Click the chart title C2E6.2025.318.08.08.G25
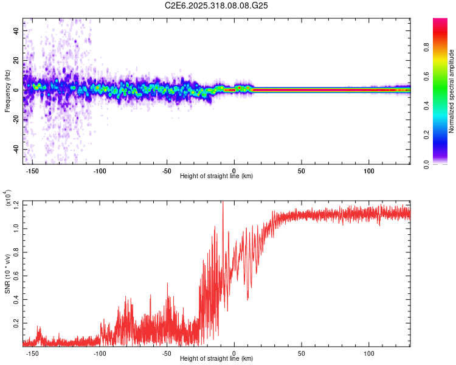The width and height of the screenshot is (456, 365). point(216,6)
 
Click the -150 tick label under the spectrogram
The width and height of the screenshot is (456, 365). point(32,171)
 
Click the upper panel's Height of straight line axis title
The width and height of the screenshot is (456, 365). point(216,176)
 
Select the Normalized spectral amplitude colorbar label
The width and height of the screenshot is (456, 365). point(452,91)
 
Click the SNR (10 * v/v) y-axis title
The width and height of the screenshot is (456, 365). point(7,274)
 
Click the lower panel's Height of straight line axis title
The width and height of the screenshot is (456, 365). point(216,358)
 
